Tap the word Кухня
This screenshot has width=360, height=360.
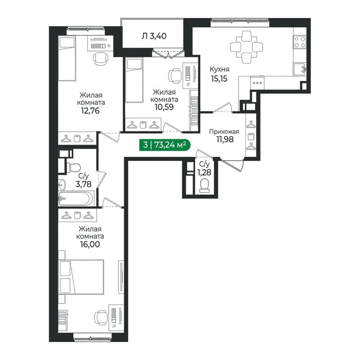click(x=220, y=69)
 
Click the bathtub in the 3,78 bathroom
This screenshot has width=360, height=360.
click(x=76, y=198)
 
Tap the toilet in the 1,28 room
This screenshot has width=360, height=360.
click(x=205, y=184)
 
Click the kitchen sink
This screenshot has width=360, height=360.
click(x=300, y=70)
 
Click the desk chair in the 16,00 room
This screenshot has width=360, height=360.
click(x=100, y=318)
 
